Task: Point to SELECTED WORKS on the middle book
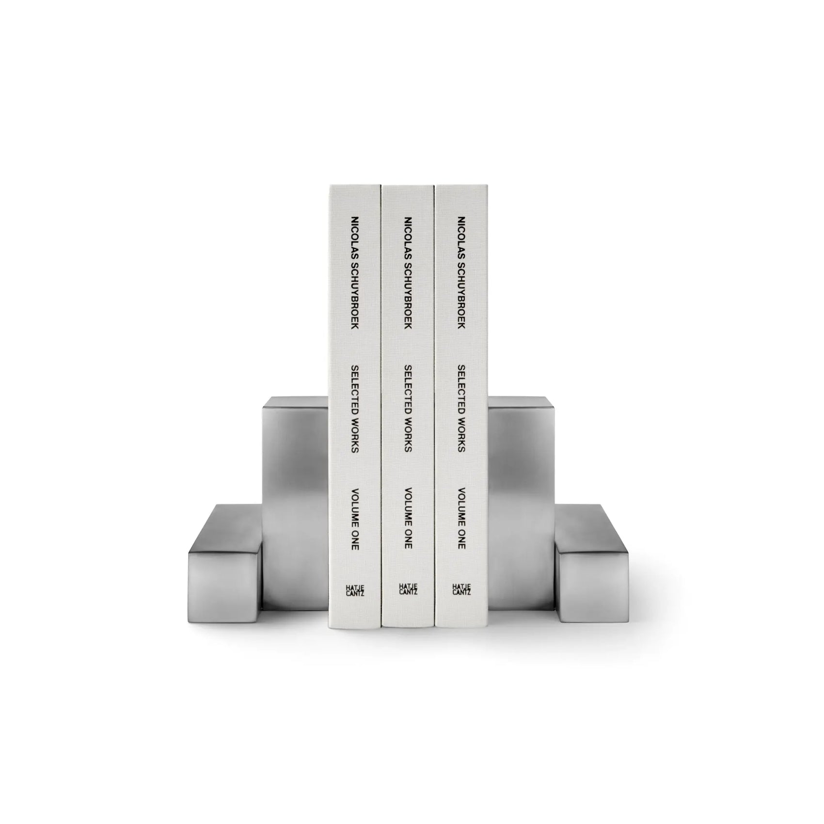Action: click(x=408, y=409)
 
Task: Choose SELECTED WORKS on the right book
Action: click(x=461, y=409)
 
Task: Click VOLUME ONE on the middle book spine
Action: click(x=408, y=518)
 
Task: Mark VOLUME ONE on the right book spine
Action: click(x=461, y=518)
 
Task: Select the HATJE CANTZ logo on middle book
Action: click(x=408, y=589)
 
